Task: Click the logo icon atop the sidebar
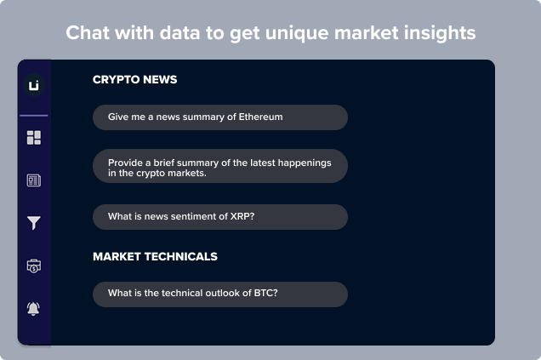pos(34,85)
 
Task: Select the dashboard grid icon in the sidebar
pos(34,137)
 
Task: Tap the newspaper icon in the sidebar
pos(34,180)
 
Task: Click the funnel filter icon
pos(34,223)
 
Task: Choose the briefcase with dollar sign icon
pos(34,266)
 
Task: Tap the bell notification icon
pos(33,309)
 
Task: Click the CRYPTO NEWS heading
pos(135,80)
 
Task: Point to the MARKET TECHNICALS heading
pos(156,256)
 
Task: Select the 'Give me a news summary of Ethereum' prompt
pos(220,117)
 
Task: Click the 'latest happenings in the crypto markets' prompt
pos(220,166)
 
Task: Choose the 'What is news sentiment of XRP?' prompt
pos(220,217)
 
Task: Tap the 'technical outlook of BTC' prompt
pos(220,294)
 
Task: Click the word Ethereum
pos(260,117)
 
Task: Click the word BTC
pos(265,293)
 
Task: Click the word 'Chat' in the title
pos(88,33)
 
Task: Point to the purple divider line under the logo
pos(34,116)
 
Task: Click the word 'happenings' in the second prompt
pos(305,163)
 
